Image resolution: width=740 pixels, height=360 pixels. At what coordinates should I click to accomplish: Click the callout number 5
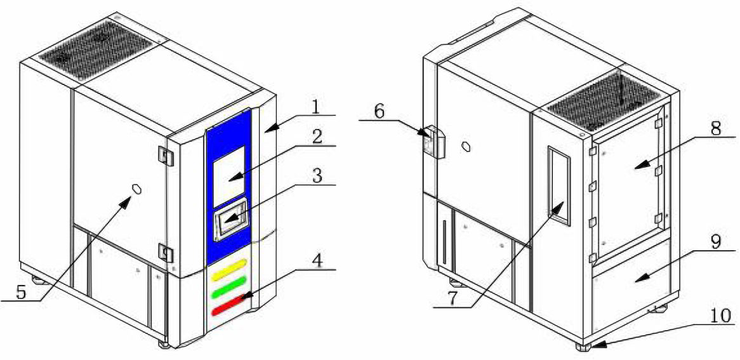[22, 292]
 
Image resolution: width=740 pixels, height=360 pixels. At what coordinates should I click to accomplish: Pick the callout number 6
[381, 111]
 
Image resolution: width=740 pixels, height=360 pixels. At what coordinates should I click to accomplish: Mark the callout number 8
[716, 129]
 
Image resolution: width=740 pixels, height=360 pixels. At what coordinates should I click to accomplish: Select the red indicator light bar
[229, 305]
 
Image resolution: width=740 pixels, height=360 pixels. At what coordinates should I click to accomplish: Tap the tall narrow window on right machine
[559, 184]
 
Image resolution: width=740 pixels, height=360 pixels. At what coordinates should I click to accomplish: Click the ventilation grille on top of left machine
[95, 49]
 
